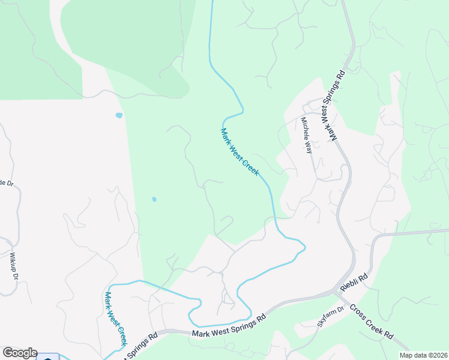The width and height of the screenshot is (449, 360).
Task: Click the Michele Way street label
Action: pos(307,136)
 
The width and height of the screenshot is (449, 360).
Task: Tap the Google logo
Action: pos(20,353)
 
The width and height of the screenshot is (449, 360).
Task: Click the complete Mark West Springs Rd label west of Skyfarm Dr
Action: pos(228,327)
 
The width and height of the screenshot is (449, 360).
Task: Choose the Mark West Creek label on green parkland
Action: pos(240,152)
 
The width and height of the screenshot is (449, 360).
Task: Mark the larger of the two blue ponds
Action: pos(119,115)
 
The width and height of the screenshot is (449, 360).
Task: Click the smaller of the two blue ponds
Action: pos(154,199)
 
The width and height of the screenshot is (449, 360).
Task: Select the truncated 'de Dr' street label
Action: pos(6,183)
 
